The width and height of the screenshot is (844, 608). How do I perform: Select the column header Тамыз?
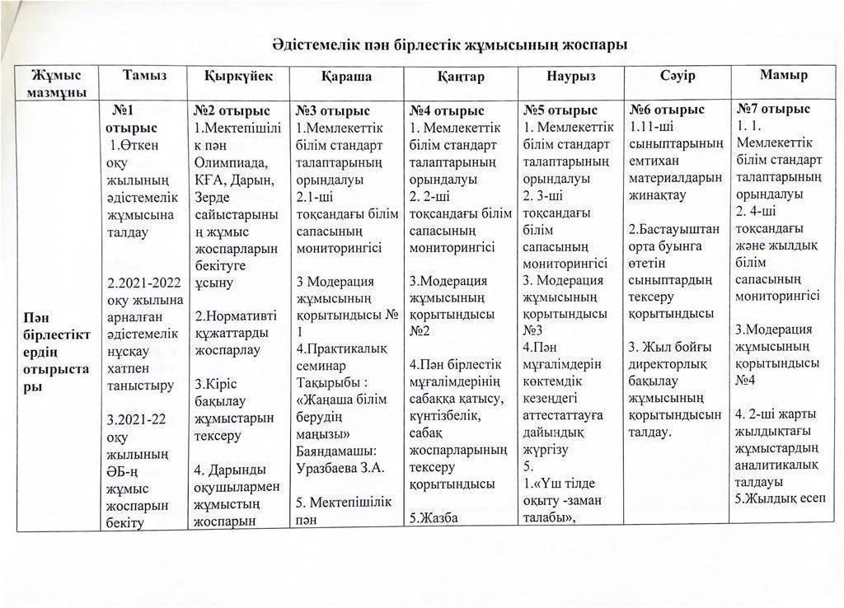tap(144, 76)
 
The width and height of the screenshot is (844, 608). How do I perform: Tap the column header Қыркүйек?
tap(238, 76)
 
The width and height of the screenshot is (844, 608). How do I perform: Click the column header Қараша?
tap(346, 77)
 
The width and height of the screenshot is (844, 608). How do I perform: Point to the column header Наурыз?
tap(570, 77)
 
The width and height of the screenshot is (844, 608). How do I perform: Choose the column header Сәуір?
tap(678, 76)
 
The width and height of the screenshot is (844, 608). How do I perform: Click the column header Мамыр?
tap(783, 75)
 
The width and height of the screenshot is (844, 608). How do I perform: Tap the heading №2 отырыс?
tap(232, 110)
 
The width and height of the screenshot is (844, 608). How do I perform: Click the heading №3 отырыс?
tap(333, 110)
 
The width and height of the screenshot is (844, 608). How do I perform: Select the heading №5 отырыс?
tap(560, 110)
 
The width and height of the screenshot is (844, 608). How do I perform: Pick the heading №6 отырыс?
tap(667, 110)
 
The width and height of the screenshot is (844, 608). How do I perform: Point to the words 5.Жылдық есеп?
tap(778, 498)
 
